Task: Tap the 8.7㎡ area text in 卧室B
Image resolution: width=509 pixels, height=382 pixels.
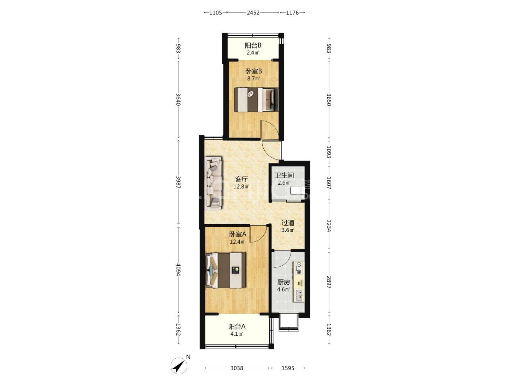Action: (x=253, y=79)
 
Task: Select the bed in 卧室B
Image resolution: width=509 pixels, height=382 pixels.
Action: (x=256, y=99)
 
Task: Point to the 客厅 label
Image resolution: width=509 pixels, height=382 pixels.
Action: (x=241, y=179)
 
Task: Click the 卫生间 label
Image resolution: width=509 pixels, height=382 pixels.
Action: (x=284, y=175)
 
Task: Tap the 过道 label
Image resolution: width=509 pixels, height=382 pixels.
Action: (x=288, y=223)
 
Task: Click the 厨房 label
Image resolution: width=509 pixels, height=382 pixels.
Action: (x=283, y=282)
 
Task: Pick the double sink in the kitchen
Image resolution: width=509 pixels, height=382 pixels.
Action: (x=299, y=295)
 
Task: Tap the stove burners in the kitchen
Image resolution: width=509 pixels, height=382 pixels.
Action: (x=299, y=268)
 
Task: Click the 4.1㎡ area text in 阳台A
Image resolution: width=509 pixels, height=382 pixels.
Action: (x=236, y=334)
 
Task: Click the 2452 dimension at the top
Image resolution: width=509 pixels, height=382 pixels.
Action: (x=253, y=12)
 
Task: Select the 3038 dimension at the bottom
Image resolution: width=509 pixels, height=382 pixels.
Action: (x=237, y=368)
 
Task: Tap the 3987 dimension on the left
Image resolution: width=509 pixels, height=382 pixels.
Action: (x=178, y=182)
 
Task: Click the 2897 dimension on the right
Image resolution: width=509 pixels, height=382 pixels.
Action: (x=329, y=282)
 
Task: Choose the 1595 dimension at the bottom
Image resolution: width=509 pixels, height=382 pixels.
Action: (x=288, y=368)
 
